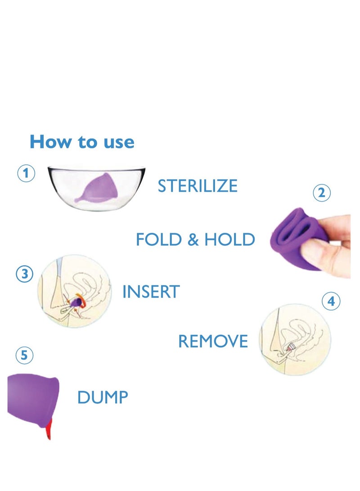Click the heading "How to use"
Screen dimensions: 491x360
[82, 142]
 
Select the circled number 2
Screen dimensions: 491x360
[321, 193]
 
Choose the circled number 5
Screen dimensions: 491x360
[24, 356]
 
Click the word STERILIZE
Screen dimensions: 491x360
[197, 186]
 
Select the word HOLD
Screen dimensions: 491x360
[229, 239]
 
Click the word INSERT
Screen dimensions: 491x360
[151, 292]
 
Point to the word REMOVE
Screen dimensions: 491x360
[213, 342]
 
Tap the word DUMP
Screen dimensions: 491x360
[103, 397]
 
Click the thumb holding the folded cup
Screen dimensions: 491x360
[324, 252]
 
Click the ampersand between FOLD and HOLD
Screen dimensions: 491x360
[193, 240]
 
